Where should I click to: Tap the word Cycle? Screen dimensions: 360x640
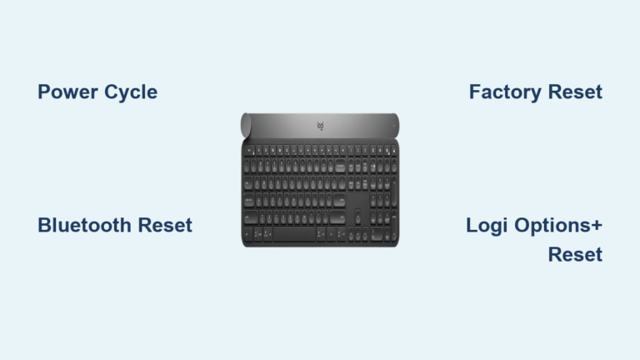pyautogui.click(x=128, y=92)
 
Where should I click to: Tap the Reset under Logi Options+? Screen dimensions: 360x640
pyautogui.click(x=575, y=255)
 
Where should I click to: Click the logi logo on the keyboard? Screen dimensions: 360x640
pyautogui.click(x=320, y=126)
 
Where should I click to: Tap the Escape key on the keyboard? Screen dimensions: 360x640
pyautogui.click(x=247, y=151)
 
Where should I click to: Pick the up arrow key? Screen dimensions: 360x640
pyautogui.click(x=357, y=218)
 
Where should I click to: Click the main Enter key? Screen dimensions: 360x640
pyautogui.click(x=337, y=201)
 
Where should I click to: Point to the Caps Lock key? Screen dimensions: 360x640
pyautogui.click(x=252, y=201)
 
